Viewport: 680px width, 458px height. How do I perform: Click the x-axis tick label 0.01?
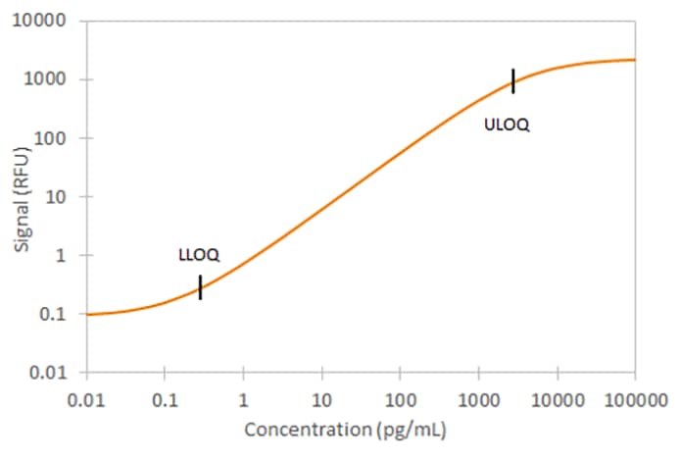87,399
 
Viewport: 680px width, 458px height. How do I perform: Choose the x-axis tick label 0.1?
165,399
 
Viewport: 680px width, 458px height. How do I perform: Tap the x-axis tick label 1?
243,399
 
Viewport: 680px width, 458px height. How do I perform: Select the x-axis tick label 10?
321,399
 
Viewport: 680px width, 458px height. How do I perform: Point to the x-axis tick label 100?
400,399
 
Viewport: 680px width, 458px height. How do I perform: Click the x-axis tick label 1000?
478,399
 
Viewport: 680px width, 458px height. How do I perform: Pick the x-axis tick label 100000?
635,399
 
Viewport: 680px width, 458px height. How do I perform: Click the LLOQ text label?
199,255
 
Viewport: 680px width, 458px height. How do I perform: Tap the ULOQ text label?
507,125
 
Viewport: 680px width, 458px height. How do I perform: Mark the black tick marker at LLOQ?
200,287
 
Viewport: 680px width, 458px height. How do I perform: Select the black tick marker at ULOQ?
512,81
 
